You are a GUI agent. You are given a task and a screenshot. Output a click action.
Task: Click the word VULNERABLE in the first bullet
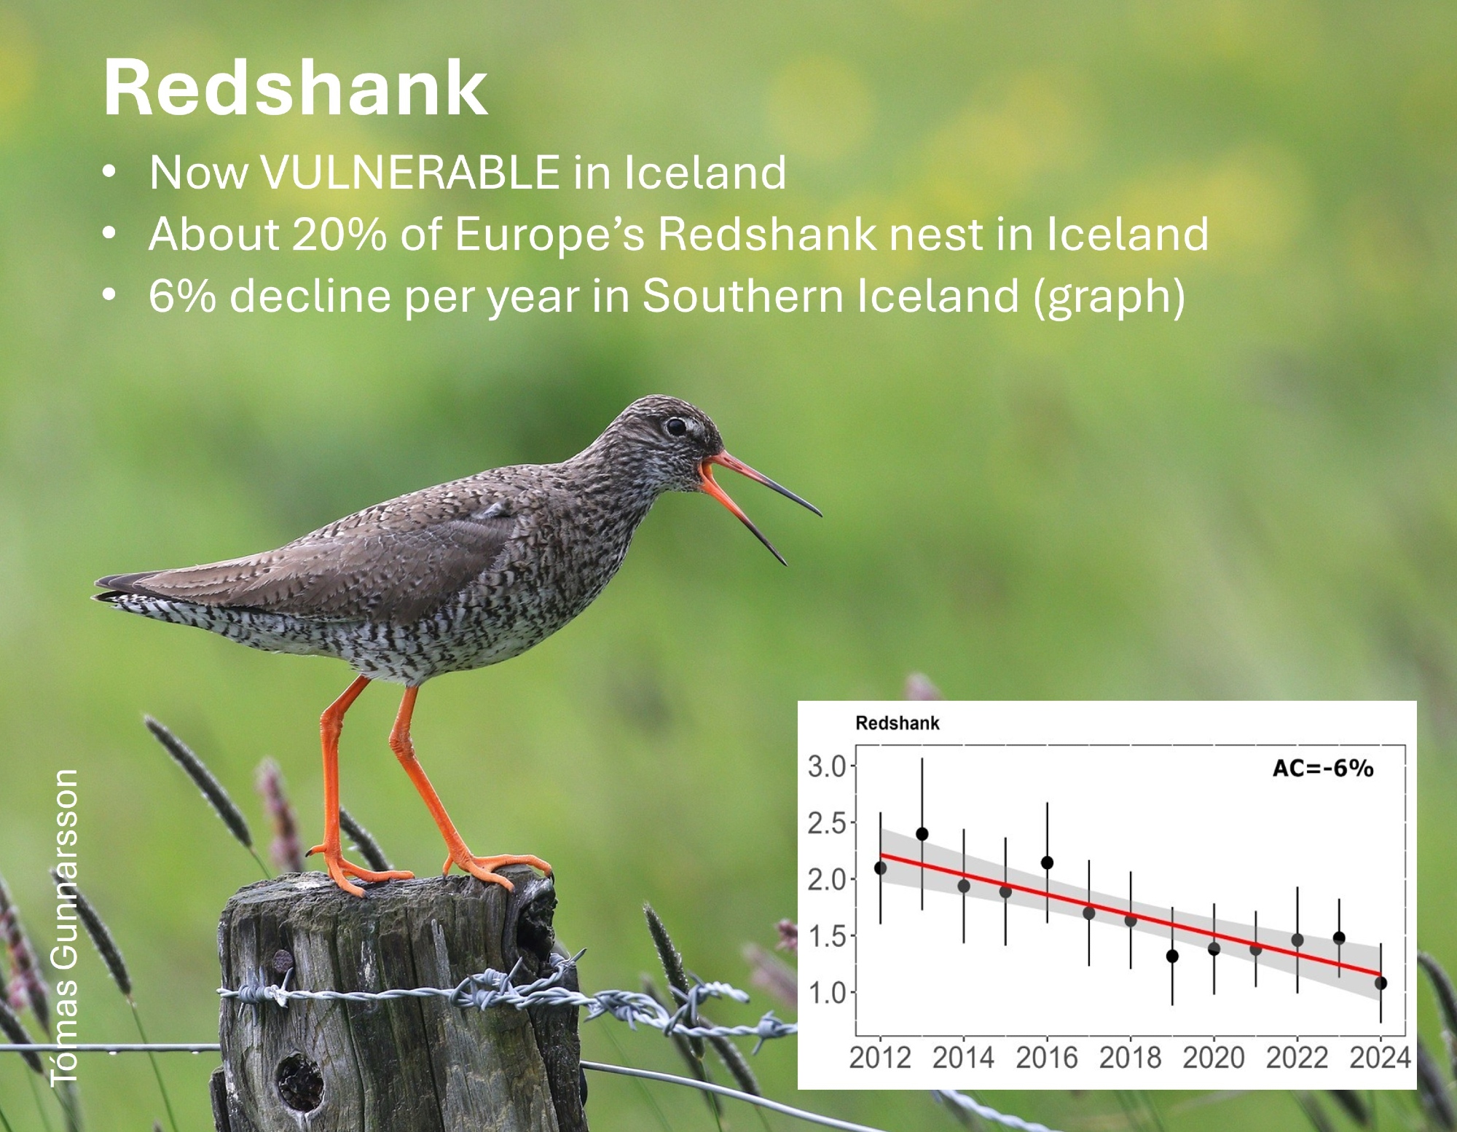(x=410, y=173)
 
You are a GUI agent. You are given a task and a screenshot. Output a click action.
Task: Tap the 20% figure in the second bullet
(x=339, y=234)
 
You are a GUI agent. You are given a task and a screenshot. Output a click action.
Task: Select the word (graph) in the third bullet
(x=1110, y=297)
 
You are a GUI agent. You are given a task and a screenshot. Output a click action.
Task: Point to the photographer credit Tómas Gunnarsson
(x=64, y=927)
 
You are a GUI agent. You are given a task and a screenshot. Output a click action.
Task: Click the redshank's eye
(x=676, y=427)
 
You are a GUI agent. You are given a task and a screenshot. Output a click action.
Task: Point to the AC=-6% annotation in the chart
(x=1322, y=769)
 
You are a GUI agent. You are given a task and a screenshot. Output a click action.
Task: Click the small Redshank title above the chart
(x=897, y=723)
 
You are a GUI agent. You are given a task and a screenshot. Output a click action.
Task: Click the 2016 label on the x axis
(x=1047, y=1058)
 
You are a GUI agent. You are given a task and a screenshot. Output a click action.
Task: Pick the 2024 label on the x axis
(x=1380, y=1058)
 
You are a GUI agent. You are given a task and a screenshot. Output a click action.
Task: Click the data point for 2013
(x=922, y=834)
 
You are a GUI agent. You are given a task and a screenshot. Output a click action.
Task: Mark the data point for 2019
(x=1172, y=956)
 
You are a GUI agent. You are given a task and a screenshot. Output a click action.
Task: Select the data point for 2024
(x=1381, y=983)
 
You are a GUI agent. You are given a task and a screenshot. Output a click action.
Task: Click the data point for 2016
(x=1047, y=863)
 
